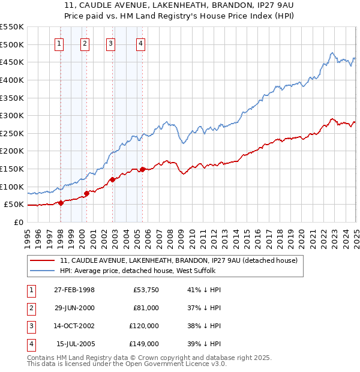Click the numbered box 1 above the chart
60,43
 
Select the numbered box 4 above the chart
140,43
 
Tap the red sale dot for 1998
61,203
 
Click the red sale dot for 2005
142,169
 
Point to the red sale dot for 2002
112,179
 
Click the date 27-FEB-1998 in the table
74,290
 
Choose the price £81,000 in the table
146,308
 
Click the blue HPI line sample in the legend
43,271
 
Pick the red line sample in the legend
43,261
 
